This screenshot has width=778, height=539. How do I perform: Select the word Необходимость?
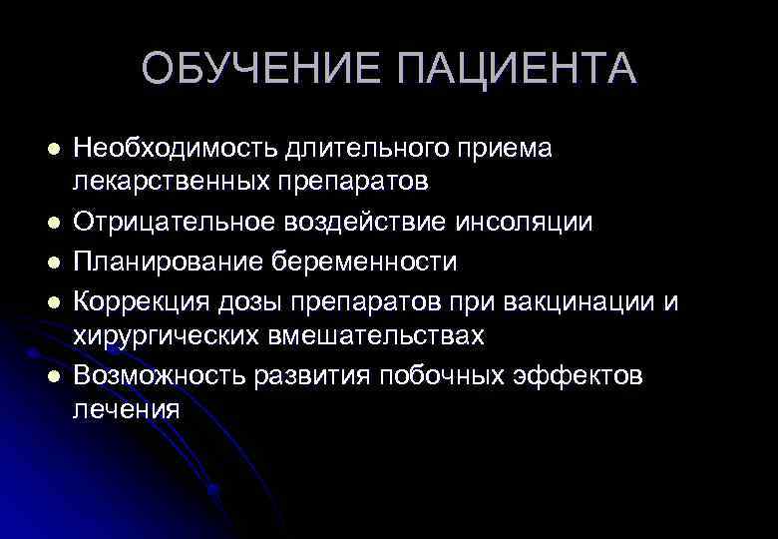coord(173,148)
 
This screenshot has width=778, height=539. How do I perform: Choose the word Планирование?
coord(165,262)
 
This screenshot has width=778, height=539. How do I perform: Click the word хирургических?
coord(165,336)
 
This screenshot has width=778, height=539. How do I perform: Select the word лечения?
coord(127,409)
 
